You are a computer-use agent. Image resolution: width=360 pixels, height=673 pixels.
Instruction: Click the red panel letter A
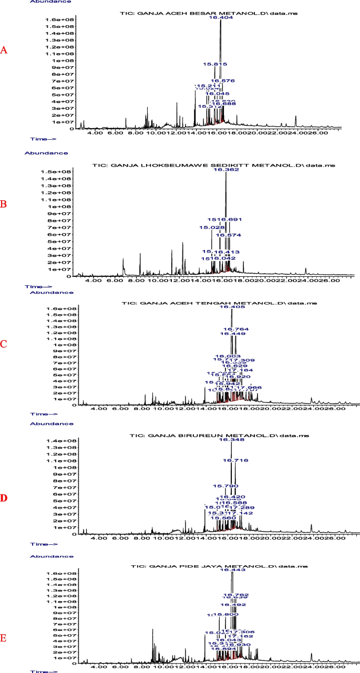[4, 50]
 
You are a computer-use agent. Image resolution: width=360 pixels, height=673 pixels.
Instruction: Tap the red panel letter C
[4, 344]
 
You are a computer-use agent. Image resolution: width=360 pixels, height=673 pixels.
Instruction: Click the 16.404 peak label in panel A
[220, 17]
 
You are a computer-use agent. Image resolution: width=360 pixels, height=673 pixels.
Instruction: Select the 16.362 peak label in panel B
[226, 170]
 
